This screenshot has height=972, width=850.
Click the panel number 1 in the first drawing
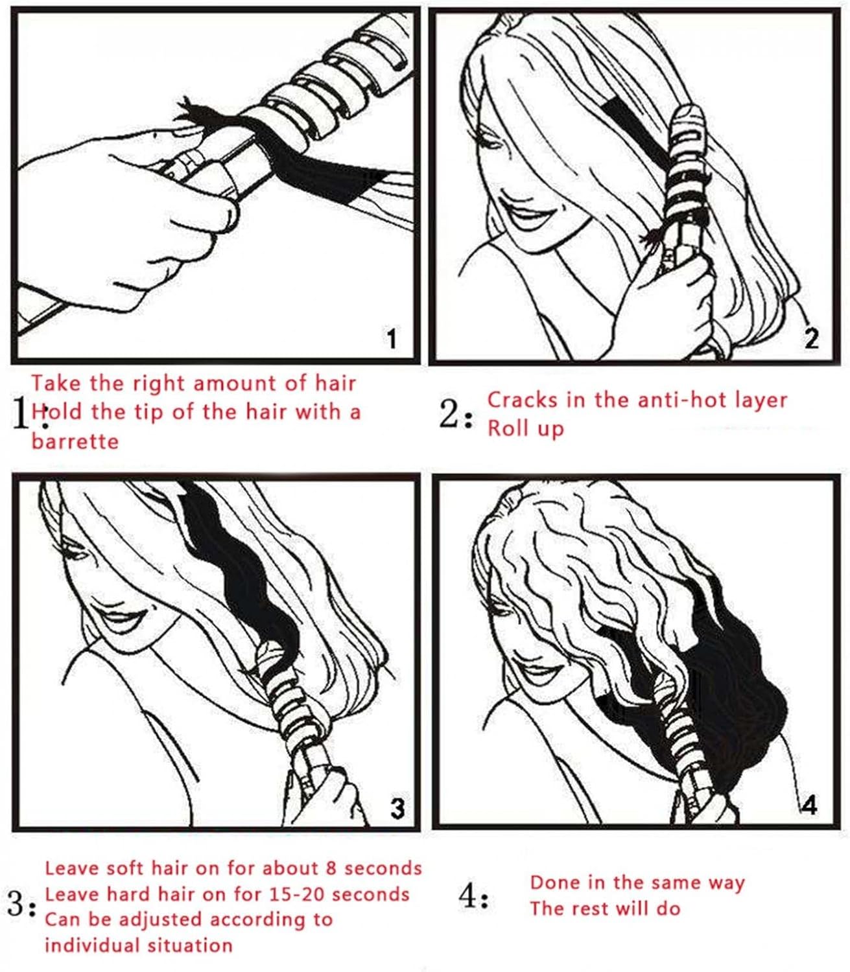pyautogui.click(x=391, y=339)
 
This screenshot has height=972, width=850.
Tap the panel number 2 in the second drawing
pyautogui.click(x=812, y=339)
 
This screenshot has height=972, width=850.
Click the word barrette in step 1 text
pyautogui.click(x=75, y=441)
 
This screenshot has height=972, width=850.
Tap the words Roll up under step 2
pyautogui.click(x=526, y=428)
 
